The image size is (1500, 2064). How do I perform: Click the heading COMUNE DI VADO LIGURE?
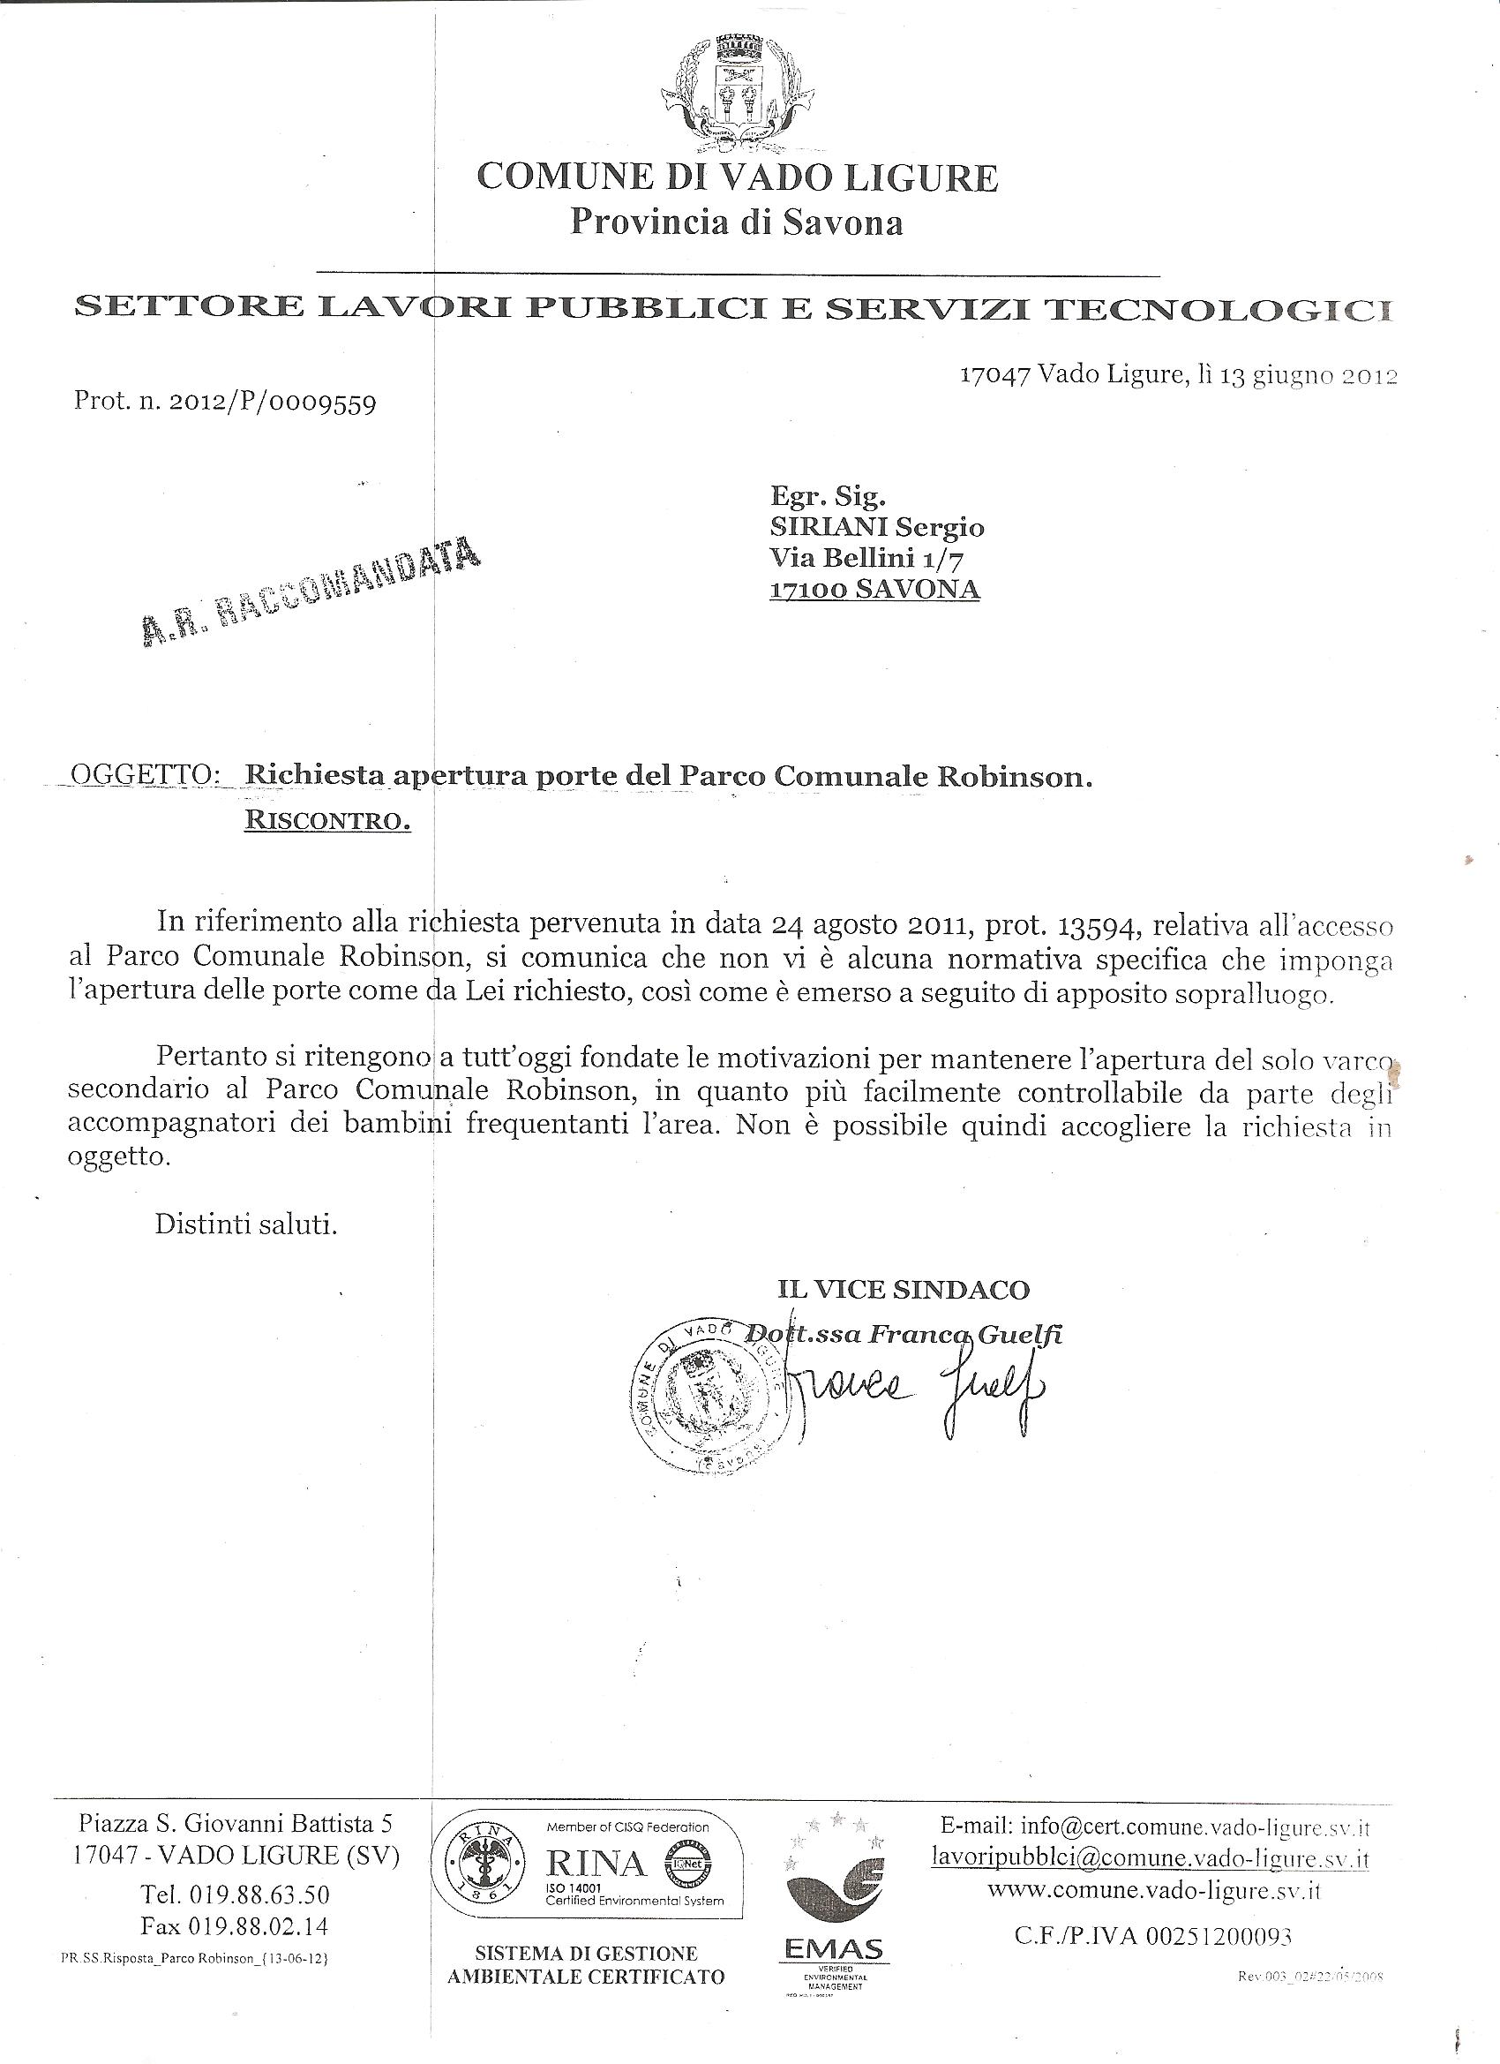(738, 177)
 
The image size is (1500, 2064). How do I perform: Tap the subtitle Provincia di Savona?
(736, 222)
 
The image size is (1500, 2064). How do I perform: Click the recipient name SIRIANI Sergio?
(876, 527)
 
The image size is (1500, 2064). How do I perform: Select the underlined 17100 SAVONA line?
(874, 589)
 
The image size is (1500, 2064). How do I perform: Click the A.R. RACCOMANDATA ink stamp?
(311, 592)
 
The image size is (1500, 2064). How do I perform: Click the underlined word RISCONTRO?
(327, 821)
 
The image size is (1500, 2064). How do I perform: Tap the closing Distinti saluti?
(245, 1224)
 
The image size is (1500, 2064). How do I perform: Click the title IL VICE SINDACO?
(903, 1289)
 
